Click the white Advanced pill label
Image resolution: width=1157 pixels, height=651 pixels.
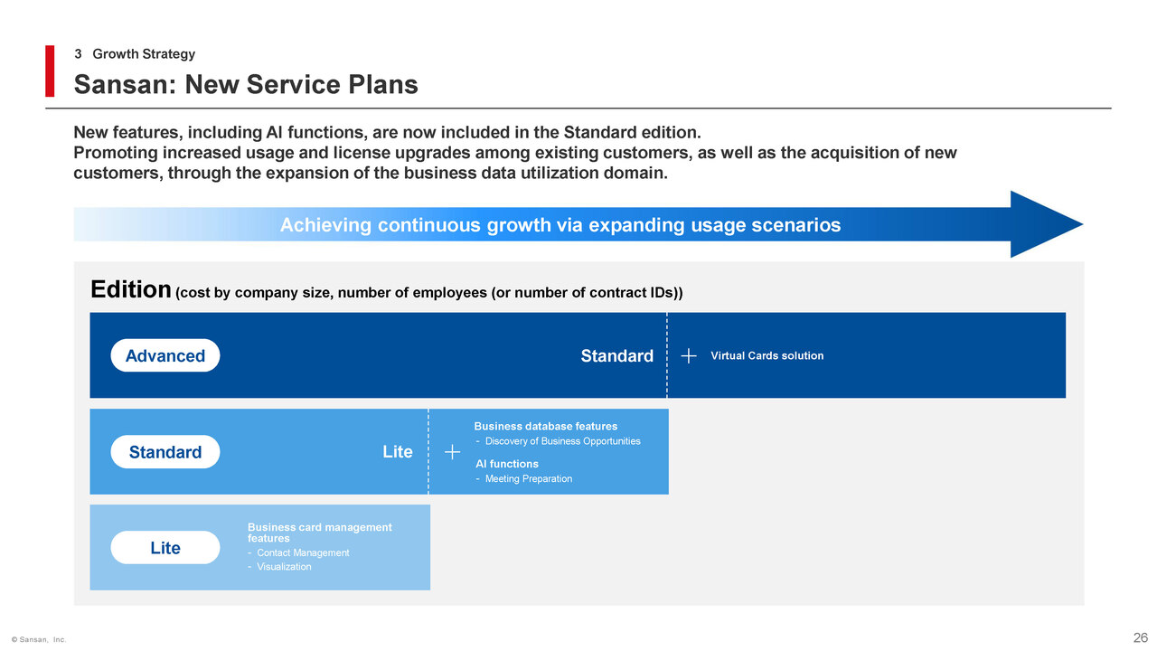[165, 355]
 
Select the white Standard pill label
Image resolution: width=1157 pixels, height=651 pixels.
[165, 452]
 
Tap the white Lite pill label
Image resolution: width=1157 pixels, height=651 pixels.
[165, 548]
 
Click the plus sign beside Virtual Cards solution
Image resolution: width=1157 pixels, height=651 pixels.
[689, 355]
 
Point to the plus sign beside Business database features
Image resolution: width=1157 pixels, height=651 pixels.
[453, 452]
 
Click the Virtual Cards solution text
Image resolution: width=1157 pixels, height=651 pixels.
[767, 355]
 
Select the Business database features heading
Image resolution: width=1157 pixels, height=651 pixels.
[546, 426]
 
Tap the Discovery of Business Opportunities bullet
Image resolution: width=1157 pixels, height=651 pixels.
[559, 441]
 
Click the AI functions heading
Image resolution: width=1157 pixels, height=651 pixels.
[507, 464]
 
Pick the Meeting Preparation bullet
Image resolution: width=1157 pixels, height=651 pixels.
[524, 479]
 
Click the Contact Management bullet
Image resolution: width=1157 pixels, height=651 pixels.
[298, 552]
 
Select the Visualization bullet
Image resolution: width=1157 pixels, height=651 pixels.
[279, 567]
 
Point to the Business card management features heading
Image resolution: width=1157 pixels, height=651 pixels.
[320, 533]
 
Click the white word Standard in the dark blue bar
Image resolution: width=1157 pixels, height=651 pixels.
[617, 356]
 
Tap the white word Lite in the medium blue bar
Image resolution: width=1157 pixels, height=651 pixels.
[398, 452]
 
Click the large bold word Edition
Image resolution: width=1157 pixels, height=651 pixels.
[131, 289]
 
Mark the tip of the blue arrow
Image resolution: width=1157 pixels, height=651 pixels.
[1083, 224]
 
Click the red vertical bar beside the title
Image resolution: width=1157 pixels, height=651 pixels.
[50, 71]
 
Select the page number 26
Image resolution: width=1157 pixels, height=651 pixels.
[1141, 637]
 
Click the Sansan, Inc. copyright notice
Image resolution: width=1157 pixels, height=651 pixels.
[39, 639]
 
